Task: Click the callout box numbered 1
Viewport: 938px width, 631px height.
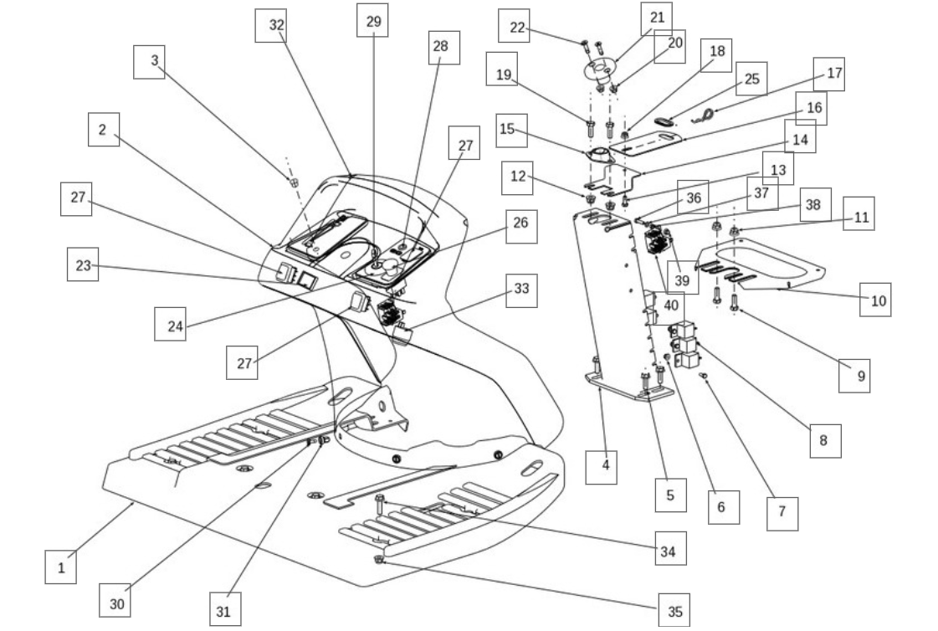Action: point(60,567)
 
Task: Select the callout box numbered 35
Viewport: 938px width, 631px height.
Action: point(674,611)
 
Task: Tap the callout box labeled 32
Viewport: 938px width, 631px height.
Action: point(271,25)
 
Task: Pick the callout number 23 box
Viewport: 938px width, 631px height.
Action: point(83,264)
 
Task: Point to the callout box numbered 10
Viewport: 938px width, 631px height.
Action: point(876,300)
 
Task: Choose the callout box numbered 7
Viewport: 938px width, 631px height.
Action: point(782,513)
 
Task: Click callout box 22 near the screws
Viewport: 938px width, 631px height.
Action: point(514,26)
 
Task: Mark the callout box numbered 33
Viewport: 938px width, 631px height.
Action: point(521,290)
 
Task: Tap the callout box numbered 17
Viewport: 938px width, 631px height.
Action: point(829,74)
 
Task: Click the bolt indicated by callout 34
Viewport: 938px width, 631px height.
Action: point(379,504)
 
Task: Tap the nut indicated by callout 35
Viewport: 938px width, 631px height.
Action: point(378,559)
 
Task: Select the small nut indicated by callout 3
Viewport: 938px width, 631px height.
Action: point(294,182)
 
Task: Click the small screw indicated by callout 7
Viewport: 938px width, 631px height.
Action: point(704,376)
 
